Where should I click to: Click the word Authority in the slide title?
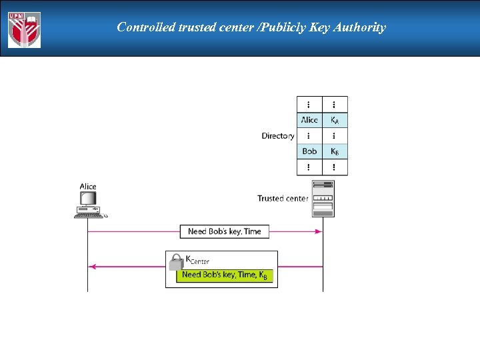(357, 27)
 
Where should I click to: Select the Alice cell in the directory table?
(309, 120)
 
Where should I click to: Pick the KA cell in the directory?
(335, 120)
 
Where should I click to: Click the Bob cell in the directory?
(309, 151)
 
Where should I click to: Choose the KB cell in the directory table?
(335, 151)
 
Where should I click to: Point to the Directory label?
(277, 136)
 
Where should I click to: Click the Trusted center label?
(283, 198)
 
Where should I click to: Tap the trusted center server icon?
(323, 198)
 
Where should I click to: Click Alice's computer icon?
(89, 204)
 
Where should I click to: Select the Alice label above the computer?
(88, 187)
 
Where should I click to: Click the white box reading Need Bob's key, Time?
(225, 231)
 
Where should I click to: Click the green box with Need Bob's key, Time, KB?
(225, 275)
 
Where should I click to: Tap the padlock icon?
(176, 261)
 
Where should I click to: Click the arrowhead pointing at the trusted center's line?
(319, 231)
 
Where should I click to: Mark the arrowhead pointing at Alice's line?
(93, 266)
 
